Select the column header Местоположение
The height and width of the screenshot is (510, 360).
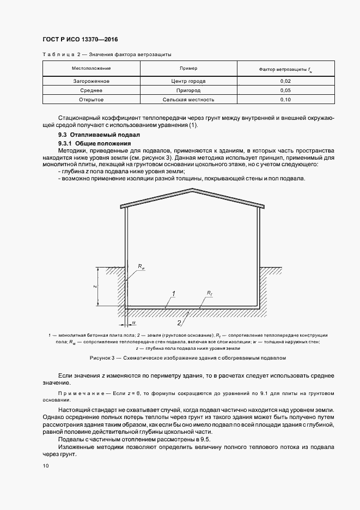(91, 69)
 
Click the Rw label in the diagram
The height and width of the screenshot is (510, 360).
(141, 267)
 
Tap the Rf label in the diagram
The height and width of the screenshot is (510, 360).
(209, 293)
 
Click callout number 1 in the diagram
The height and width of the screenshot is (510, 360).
(173, 294)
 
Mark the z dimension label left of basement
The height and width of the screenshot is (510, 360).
(94, 286)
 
